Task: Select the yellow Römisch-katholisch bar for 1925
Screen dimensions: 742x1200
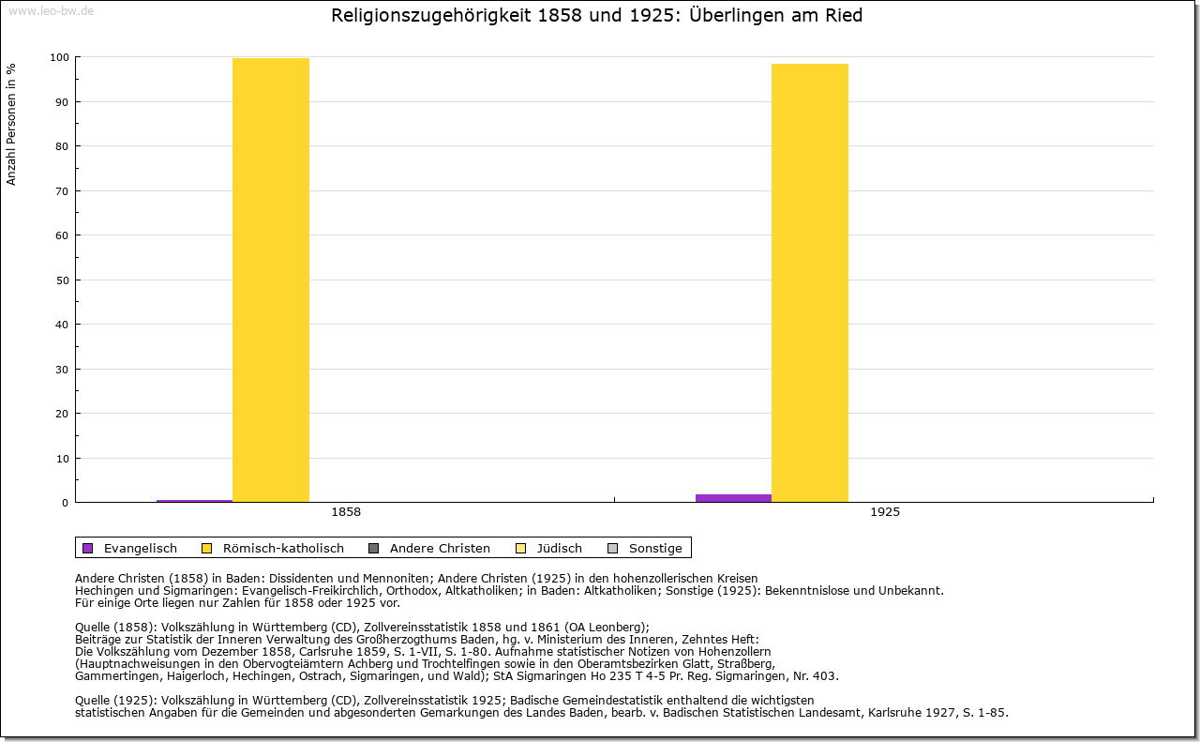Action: click(810, 282)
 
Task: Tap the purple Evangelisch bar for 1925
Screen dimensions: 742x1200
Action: click(733, 498)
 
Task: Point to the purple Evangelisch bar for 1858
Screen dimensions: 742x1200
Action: click(194, 501)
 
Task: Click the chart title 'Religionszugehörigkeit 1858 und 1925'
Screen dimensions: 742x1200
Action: click(596, 16)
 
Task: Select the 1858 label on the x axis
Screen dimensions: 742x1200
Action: click(346, 512)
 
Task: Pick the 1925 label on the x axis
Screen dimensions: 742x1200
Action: click(885, 512)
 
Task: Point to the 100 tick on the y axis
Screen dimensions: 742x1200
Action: click(59, 57)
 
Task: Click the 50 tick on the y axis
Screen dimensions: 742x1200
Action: click(62, 280)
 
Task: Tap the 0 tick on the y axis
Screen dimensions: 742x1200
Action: click(65, 503)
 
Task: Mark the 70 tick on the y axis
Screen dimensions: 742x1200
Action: click(62, 191)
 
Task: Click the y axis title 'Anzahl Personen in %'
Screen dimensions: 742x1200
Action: click(12, 123)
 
